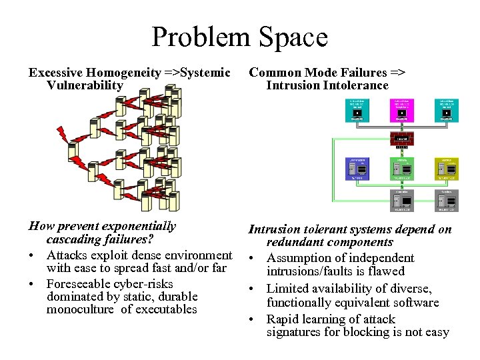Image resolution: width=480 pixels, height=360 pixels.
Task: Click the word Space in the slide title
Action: pyautogui.click(x=294, y=37)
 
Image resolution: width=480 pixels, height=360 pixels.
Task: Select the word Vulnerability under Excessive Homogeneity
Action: pyautogui.click(x=85, y=85)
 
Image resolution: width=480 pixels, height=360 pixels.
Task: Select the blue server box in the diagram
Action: pyautogui.click(x=358, y=169)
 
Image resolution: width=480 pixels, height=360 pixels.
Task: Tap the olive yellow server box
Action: pyautogui.click(x=446, y=169)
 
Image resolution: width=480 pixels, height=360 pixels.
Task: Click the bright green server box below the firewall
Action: pyautogui.click(x=401, y=169)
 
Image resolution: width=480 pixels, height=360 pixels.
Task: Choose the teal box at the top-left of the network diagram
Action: pyautogui.click(x=358, y=111)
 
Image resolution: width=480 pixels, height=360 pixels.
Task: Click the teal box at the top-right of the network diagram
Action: pyautogui.click(x=446, y=111)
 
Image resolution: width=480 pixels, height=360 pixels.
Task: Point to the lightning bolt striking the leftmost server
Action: pyautogui.click(x=63, y=135)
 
